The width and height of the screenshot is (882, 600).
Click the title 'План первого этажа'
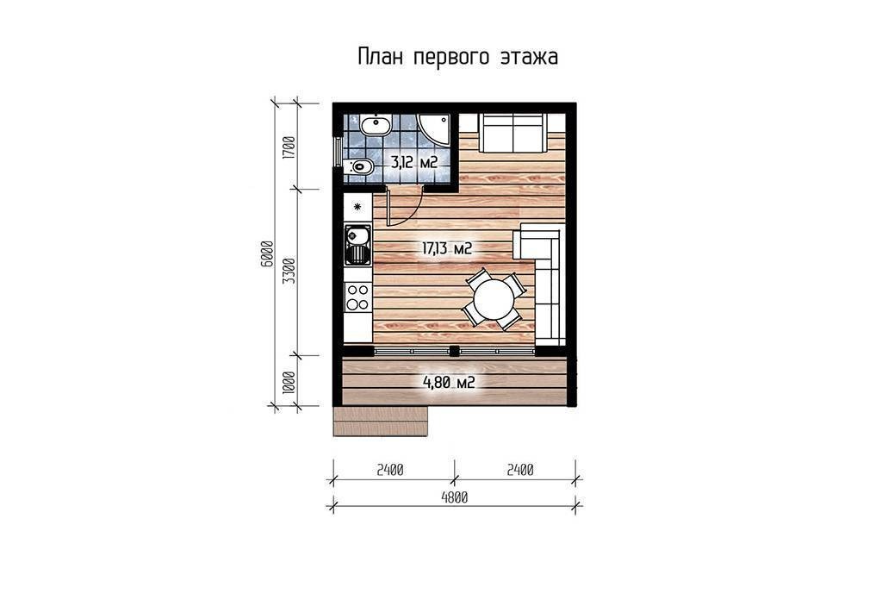[x=458, y=58]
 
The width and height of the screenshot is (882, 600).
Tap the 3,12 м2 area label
[x=414, y=163]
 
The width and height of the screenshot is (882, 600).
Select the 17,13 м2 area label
[x=447, y=248]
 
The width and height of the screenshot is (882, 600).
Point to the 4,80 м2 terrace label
[x=449, y=383]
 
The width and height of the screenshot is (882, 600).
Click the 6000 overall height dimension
[x=267, y=253]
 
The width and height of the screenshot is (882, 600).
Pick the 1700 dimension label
[x=289, y=147]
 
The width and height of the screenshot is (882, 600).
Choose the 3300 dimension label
[x=289, y=271]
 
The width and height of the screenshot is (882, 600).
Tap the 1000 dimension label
[x=289, y=382]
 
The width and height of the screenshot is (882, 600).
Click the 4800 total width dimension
[x=455, y=497]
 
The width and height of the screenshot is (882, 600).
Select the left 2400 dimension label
[x=390, y=470]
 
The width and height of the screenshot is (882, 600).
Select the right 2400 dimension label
[x=519, y=470]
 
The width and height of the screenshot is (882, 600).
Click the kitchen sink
[x=357, y=245]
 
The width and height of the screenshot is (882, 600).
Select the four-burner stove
[x=357, y=297]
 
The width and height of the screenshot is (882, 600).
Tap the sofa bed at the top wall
[x=513, y=133]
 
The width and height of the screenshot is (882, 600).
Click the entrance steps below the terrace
[x=381, y=421]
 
